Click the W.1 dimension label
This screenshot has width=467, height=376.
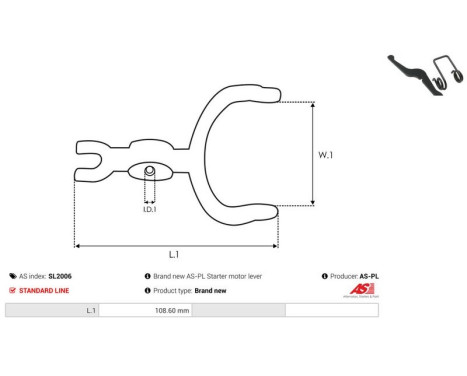tap(324, 154)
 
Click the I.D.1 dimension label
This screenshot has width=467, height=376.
tap(148, 209)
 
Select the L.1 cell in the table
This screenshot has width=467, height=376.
tap(90, 311)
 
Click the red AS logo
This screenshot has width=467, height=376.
tap(359, 290)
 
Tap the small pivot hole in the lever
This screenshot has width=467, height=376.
tap(149, 172)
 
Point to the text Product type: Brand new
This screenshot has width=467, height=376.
tap(190, 290)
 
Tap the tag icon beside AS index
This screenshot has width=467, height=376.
tap(12, 275)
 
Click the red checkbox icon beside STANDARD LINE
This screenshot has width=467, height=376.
tap(12, 290)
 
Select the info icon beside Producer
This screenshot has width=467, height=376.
tap(325, 275)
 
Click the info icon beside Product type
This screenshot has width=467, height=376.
tap(148, 290)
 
